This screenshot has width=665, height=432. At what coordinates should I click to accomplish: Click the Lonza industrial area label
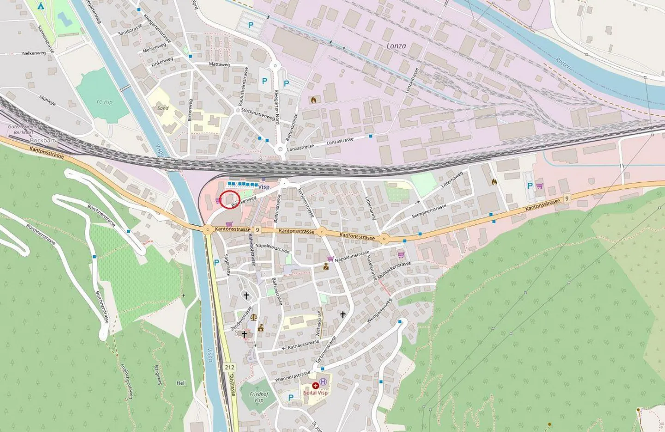coord(396,46)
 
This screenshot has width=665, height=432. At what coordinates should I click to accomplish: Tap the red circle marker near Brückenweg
coord(230,199)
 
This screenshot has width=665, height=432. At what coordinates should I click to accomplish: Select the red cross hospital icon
coord(315,385)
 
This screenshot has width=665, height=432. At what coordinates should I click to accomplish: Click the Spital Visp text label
coord(316,393)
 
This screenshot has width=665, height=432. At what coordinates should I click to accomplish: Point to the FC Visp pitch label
coord(104,102)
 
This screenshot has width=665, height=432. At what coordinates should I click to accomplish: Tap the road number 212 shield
coord(230,367)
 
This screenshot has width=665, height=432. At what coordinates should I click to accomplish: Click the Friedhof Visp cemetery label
coord(259,397)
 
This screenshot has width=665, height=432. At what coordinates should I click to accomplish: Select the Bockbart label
coord(42,140)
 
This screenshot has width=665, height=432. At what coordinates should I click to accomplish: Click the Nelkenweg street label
coord(34,54)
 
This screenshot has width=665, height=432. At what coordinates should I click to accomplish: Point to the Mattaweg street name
coord(219,64)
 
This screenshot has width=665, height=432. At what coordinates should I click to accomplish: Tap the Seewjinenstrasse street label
coord(429,211)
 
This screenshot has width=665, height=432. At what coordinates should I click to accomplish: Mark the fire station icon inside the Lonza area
coord(314,99)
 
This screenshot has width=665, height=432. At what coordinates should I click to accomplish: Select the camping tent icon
coord(41,6)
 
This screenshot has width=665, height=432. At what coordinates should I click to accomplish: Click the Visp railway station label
coord(264,187)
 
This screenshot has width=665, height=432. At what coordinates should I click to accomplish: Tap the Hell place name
coord(181,383)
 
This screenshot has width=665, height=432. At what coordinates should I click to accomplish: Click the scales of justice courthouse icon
coord(254,317)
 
